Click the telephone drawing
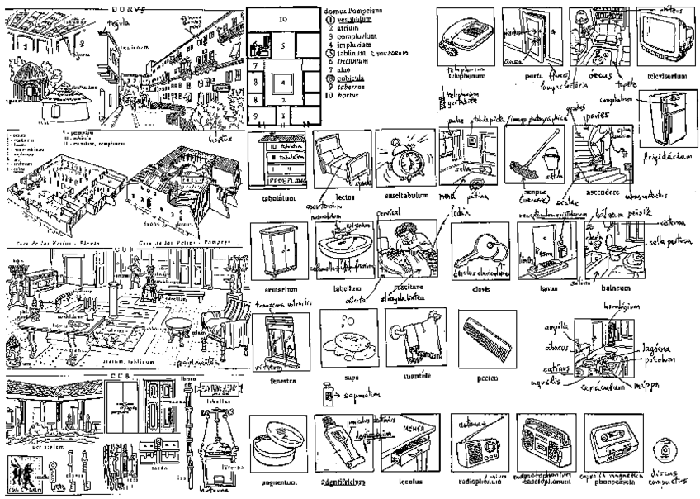(466, 36)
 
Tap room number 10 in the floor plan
(282, 17)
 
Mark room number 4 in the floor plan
(283, 83)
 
